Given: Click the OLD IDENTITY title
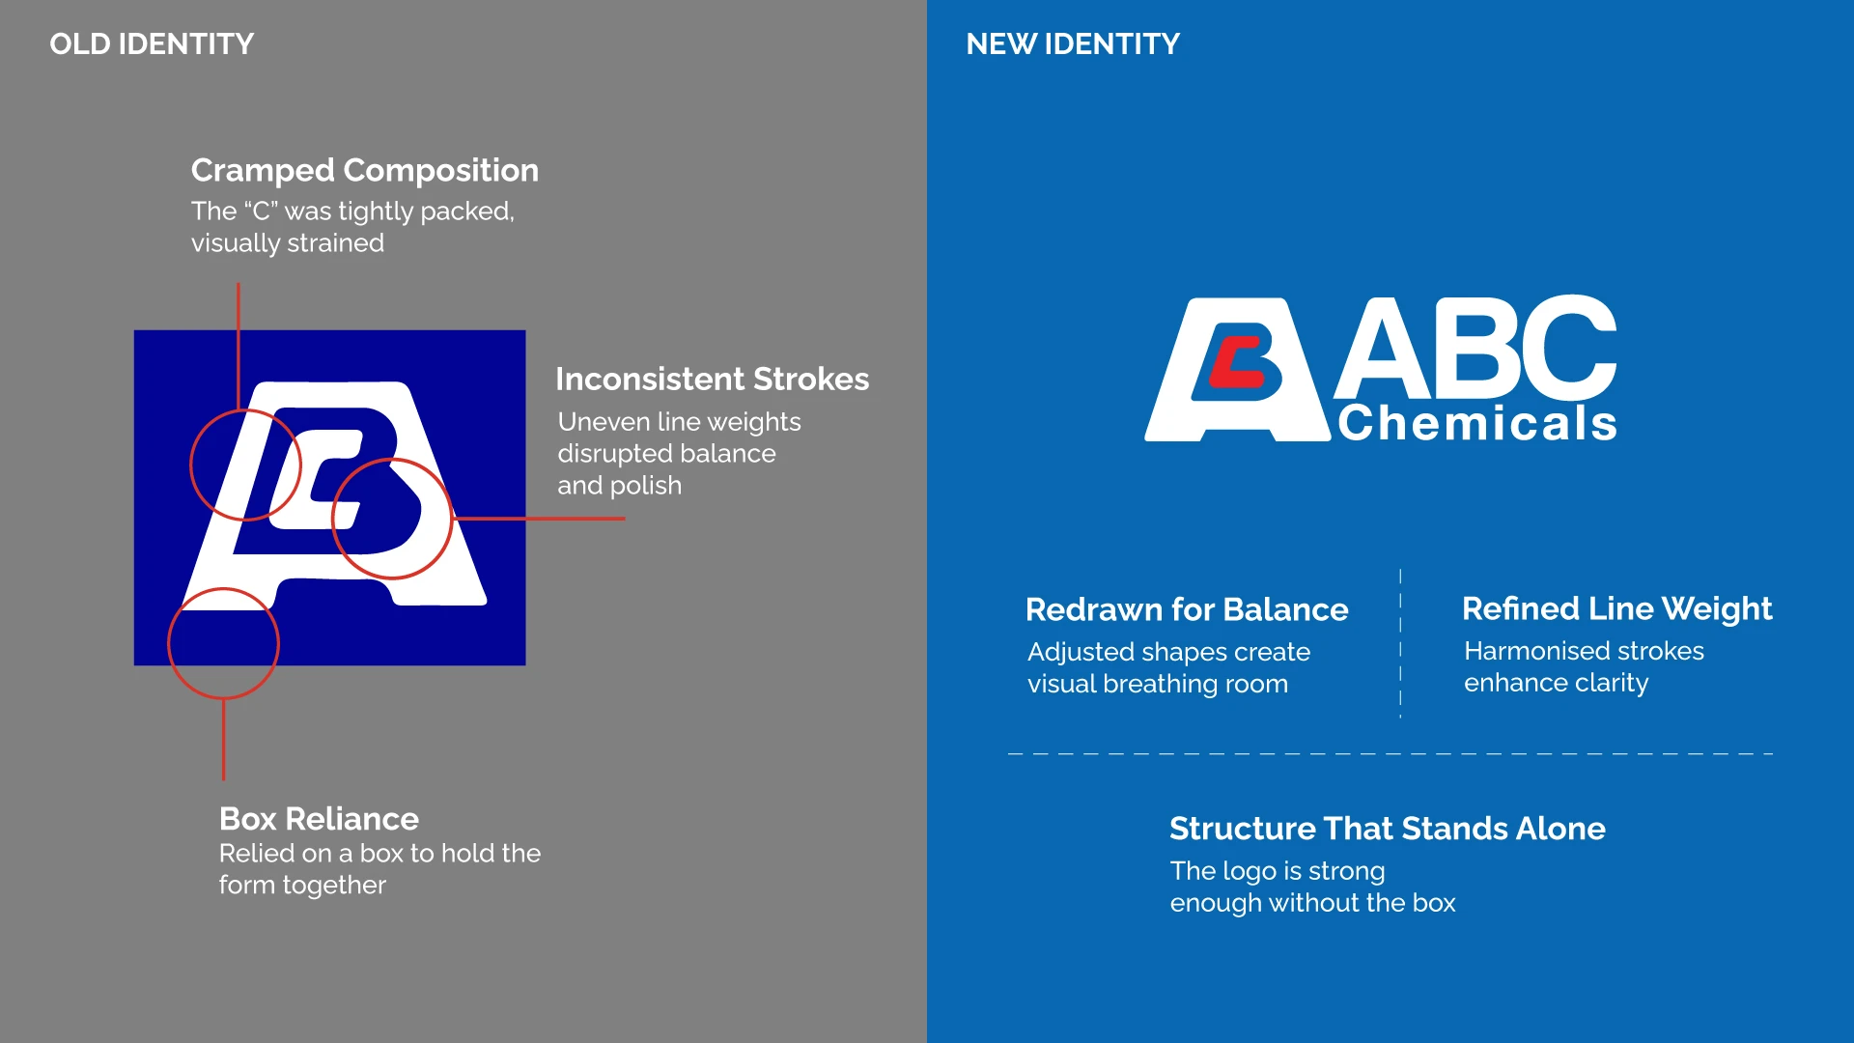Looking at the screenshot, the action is click(x=152, y=43).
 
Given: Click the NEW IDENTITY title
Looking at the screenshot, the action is click(x=1073, y=43).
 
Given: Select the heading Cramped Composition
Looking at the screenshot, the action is click(x=365, y=171).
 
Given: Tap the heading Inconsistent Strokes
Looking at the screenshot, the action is click(x=713, y=379).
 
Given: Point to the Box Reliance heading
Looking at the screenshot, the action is click(x=319, y=819).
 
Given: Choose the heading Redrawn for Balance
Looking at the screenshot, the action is click(x=1187, y=609).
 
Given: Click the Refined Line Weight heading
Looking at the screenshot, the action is click(x=1617, y=609).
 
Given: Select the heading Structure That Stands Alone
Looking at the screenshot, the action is click(x=1388, y=829).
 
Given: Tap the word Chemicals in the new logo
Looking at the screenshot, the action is click(x=1477, y=423).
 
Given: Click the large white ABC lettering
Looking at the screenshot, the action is click(x=1475, y=348).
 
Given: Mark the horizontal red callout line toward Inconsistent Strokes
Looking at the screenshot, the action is click(x=539, y=519).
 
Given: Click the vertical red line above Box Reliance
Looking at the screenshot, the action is click(x=223, y=740).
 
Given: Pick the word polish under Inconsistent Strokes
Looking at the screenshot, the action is click(x=646, y=486).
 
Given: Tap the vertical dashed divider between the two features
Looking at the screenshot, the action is click(x=1400, y=644).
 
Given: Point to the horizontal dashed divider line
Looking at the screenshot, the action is click(x=1390, y=753).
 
